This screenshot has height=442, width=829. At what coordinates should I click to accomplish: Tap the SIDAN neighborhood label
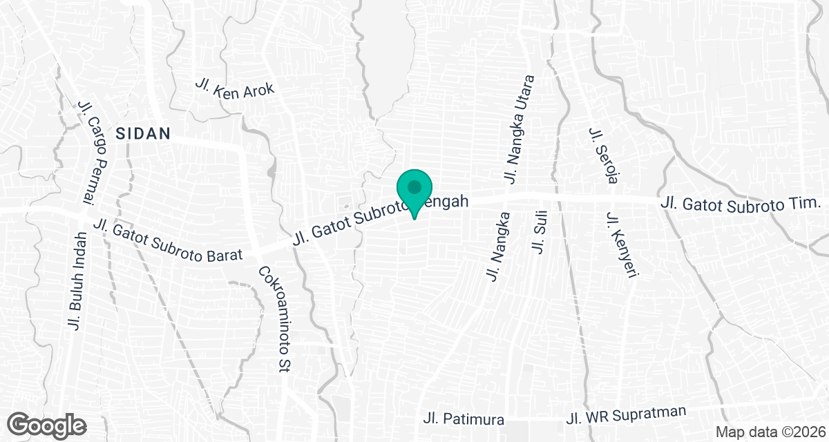tap(143, 134)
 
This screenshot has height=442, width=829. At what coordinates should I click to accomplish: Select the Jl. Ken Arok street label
tap(235, 88)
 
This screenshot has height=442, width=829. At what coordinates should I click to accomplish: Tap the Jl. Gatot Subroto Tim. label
tap(740, 203)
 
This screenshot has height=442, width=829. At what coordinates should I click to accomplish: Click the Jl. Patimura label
tap(464, 419)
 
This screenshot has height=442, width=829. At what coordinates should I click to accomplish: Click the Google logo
tap(47, 425)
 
